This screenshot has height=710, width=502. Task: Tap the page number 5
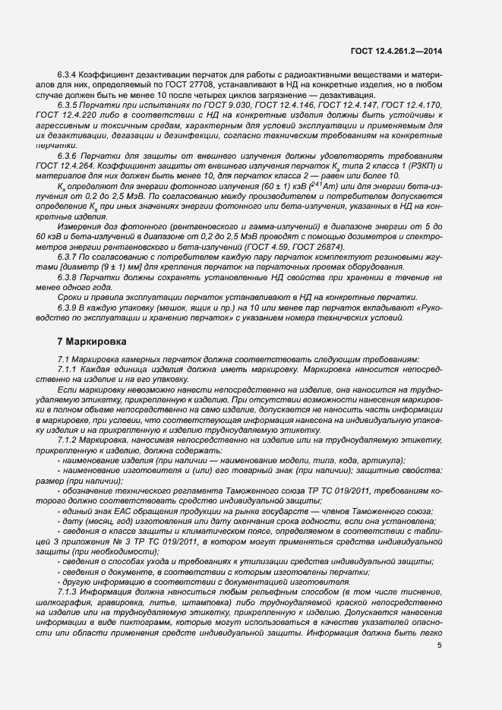coord(440,646)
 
